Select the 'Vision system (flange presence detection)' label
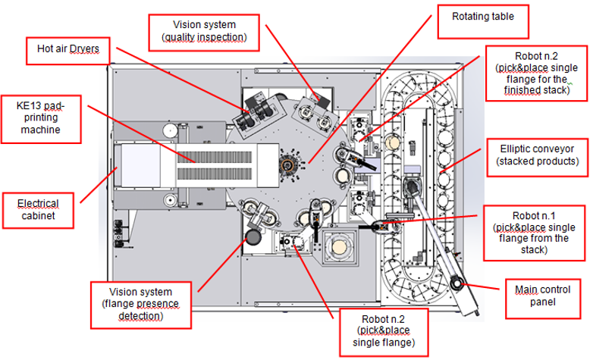(x=140, y=304)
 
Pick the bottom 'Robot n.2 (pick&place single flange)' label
(x=382, y=330)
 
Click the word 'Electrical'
(x=39, y=203)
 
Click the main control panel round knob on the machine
(x=457, y=283)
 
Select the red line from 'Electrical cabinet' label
(x=98, y=181)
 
